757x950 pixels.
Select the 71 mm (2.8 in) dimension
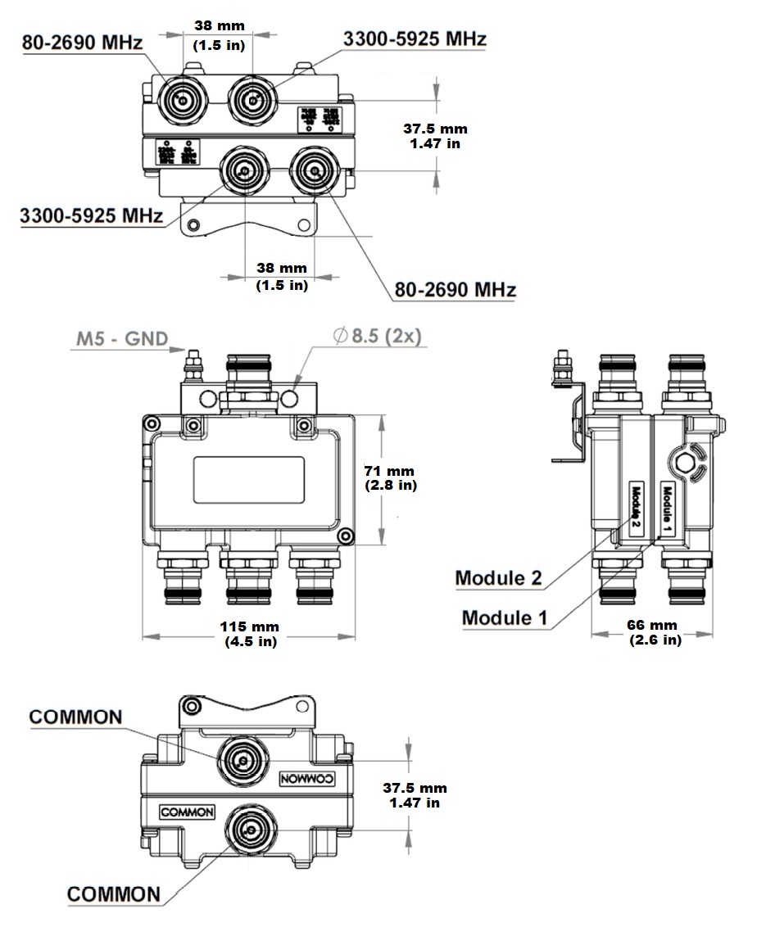coord(390,478)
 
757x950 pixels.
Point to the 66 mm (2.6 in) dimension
coord(655,631)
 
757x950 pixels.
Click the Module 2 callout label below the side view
coord(498,577)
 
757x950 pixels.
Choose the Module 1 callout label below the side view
coord(504,617)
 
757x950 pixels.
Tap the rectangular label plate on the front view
coord(250,480)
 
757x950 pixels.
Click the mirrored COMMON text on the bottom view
coord(307,779)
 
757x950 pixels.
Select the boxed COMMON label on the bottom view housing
coord(188,813)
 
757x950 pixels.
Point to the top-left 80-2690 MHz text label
coord(82,43)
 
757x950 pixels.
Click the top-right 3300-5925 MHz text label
coord(415,38)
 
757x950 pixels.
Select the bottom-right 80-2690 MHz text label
coord(455,290)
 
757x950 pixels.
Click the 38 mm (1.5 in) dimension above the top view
coord(219,35)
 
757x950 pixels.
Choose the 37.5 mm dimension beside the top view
coord(435,136)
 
